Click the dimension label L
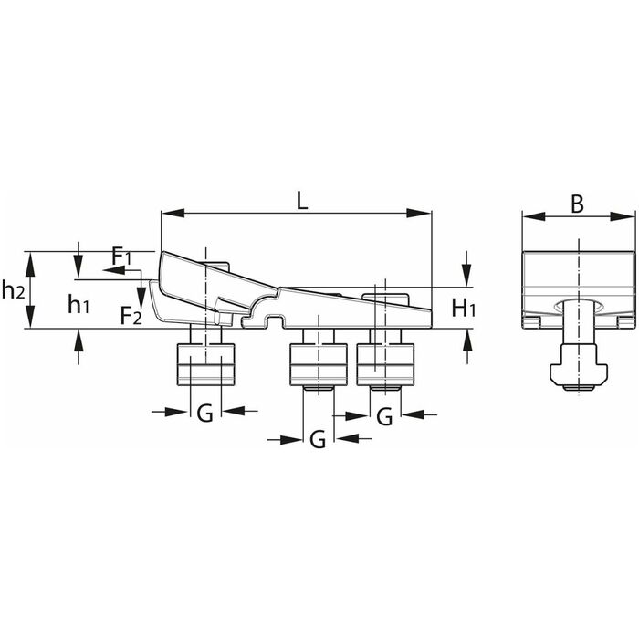click(x=301, y=201)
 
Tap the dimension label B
click(x=577, y=204)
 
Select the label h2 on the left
click(x=13, y=290)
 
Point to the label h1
click(x=79, y=304)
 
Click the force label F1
click(x=121, y=256)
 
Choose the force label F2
click(x=131, y=315)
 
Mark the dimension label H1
click(x=464, y=308)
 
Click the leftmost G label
click(x=205, y=414)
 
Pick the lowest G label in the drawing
click(x=318, y=440)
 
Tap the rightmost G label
click(x=384, y=417)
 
